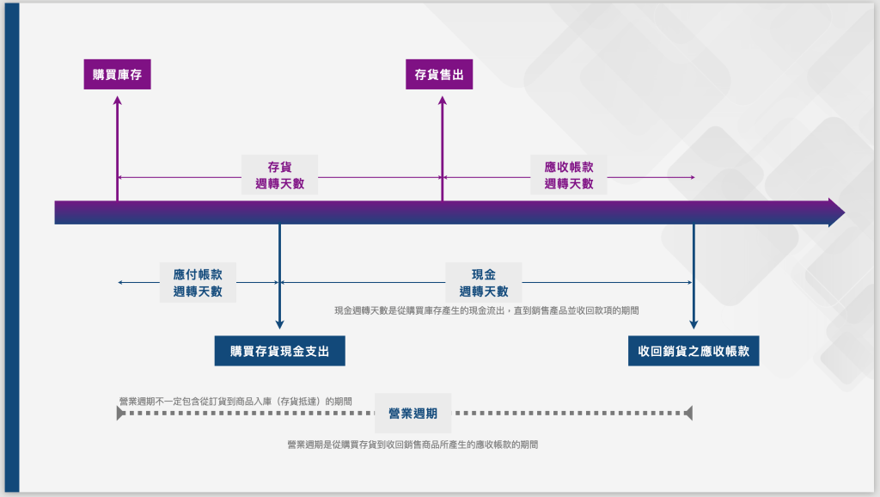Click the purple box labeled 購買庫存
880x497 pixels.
click(x=117, y=75)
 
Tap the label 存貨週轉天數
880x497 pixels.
click(x=279, y=175)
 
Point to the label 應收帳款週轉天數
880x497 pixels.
click(x=568, y=175)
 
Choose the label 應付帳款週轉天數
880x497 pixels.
click(x=198, y=283)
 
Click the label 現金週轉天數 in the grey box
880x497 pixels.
click(x=483, y=283)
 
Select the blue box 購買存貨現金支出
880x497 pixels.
click(x=279, y=351)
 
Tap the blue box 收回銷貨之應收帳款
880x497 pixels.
click(x=694, y=351)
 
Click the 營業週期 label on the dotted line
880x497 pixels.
click(x=413, y=414)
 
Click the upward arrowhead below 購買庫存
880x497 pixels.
click(x=118, y=101)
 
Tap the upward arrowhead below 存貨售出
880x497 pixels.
click(x=443, y=101)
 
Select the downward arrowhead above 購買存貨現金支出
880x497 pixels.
click(x=279, y=323)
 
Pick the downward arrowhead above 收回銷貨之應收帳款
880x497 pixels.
click(x=694, y=323)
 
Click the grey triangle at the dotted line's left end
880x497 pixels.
click(x=121, y=414)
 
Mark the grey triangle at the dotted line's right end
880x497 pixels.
click(x=687, y=414)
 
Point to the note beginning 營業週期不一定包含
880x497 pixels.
click(x=235, y=401)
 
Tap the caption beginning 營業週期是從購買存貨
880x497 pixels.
click(x=412, y=445)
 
